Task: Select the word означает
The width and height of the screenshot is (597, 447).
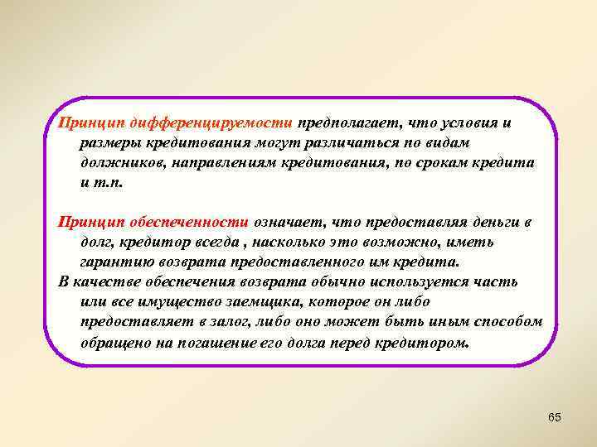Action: point(290,222)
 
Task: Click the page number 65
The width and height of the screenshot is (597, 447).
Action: point(555,417)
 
